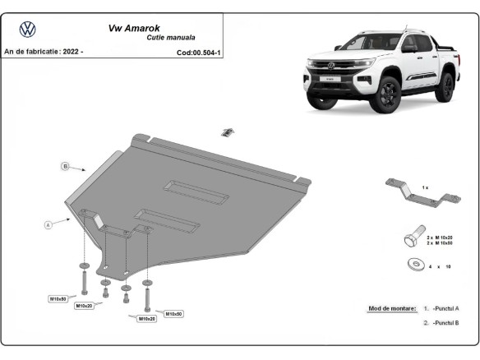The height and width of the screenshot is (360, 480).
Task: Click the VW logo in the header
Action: click(x=27, y=30)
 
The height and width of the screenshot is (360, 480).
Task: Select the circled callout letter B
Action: click(x=65, y=166)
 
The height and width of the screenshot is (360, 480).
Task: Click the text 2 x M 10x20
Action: click(x=443, y=235)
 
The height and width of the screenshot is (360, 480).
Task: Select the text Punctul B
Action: click(x=446, y=323)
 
